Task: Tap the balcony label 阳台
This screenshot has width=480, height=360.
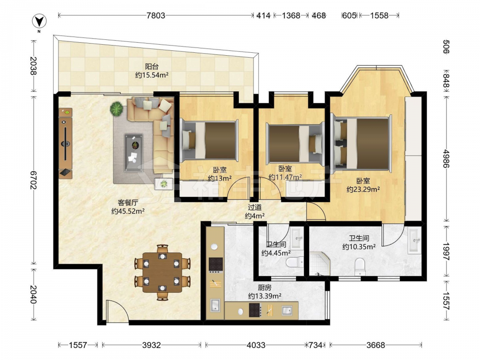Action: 152,66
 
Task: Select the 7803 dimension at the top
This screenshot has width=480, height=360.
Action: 156,15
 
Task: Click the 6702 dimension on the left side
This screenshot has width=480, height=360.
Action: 34,180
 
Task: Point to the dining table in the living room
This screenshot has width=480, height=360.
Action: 162,272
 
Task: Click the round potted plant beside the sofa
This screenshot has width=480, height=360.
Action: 116,108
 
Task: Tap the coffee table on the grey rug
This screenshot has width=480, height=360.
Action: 133,152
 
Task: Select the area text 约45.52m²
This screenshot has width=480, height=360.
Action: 128,211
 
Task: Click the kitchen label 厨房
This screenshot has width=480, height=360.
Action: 264,288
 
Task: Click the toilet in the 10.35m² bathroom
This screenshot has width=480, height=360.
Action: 360,266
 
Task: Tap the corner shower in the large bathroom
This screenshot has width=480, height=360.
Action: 320,264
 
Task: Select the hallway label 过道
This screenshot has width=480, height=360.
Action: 255,207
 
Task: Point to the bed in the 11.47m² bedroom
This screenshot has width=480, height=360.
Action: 295,143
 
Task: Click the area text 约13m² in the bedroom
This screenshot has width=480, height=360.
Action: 220,178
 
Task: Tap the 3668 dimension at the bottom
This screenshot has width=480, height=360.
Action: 376,345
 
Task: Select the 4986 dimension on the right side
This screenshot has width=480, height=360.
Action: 446,158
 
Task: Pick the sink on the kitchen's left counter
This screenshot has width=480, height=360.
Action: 215,305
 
